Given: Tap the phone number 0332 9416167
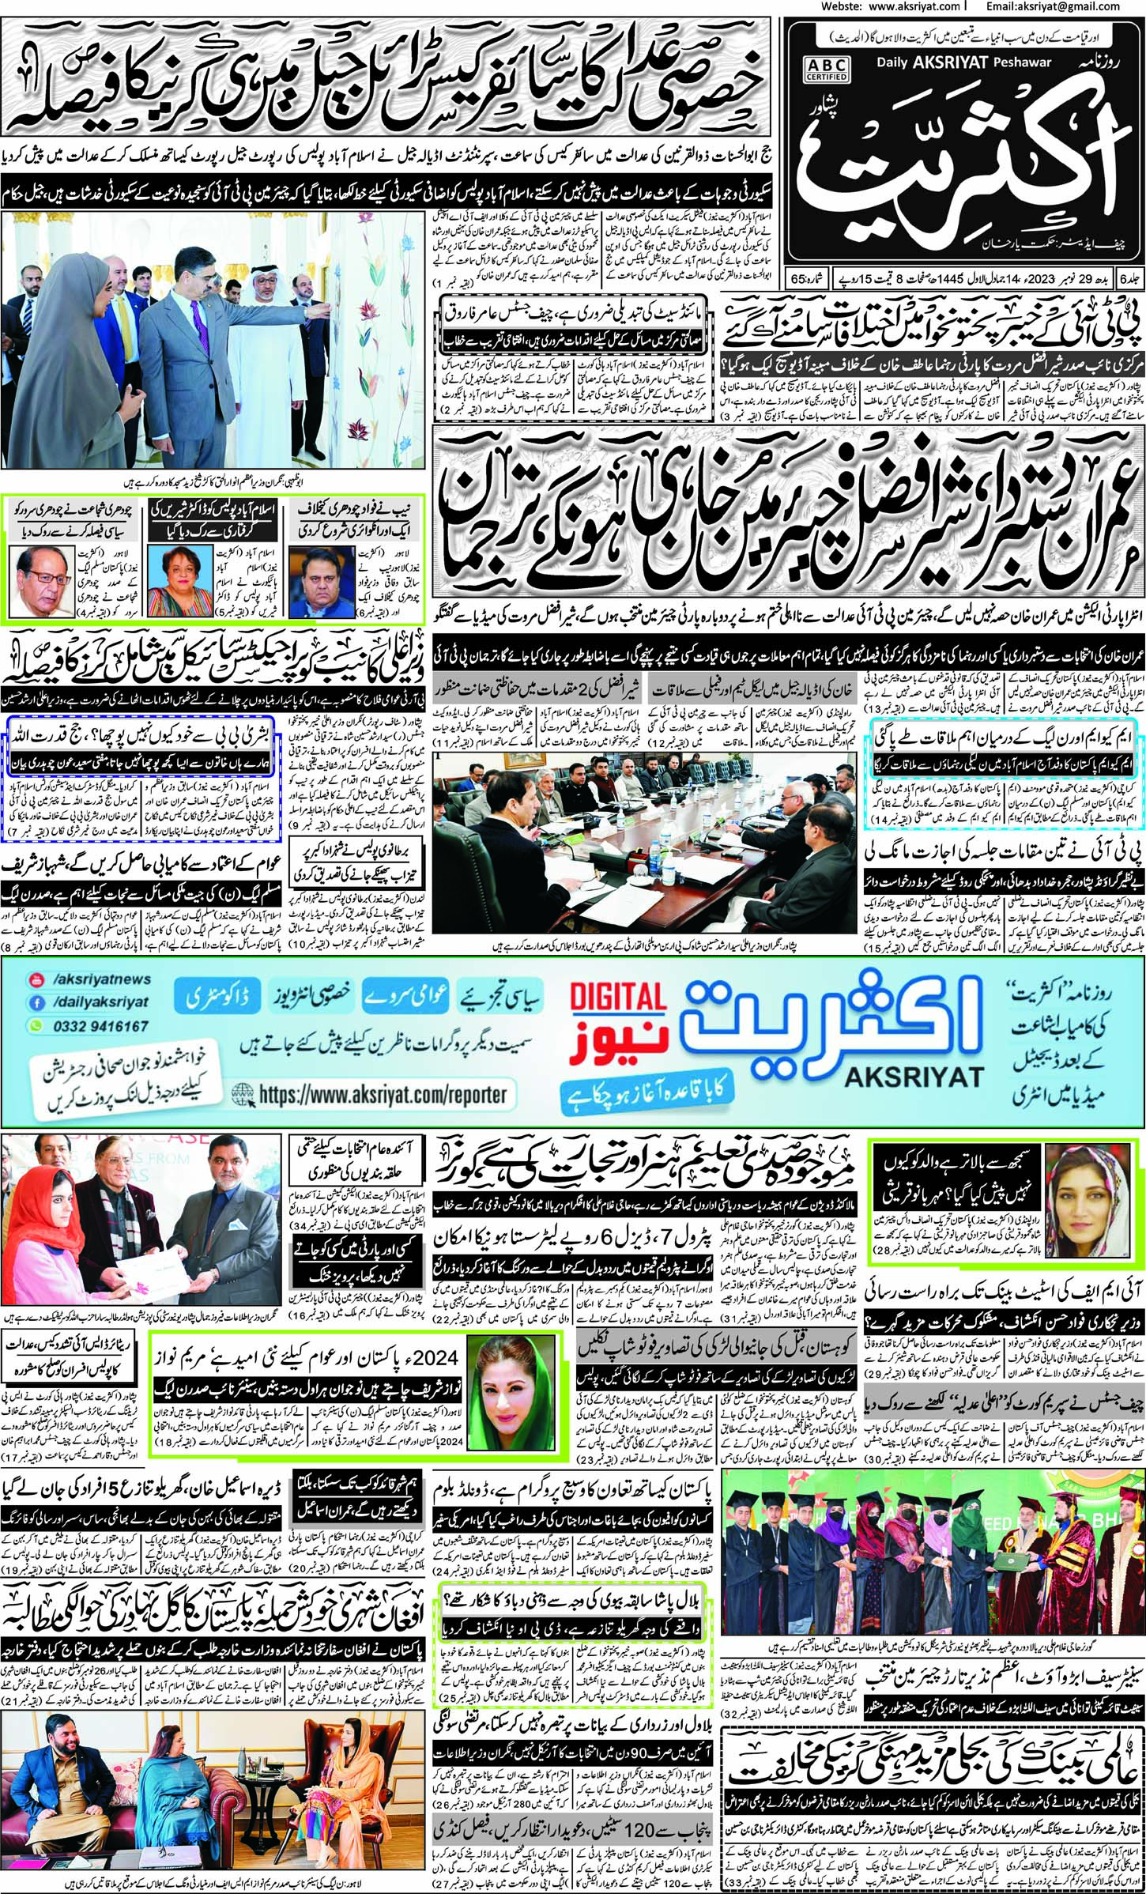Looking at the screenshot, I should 100,1025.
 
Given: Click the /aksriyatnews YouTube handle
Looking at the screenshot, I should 100,979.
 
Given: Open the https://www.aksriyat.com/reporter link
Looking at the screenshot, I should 382,1094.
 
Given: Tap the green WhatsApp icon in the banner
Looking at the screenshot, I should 35,1025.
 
